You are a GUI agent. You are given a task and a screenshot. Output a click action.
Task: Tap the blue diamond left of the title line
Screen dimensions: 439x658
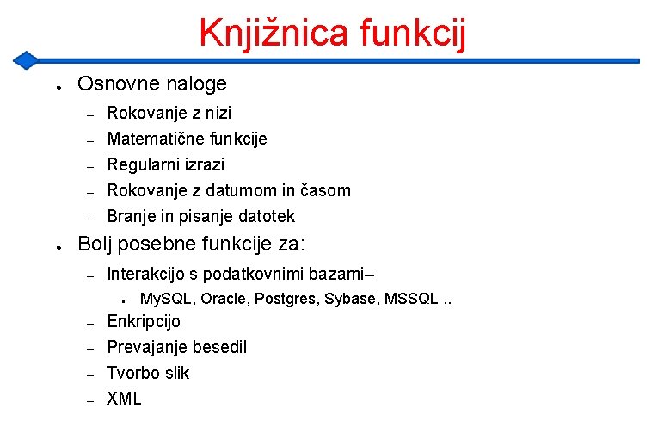point(27,60)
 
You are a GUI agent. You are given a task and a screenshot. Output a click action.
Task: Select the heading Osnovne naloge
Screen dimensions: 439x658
point(152,83)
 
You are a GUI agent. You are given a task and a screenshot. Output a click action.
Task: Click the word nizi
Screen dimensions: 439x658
point(217,113)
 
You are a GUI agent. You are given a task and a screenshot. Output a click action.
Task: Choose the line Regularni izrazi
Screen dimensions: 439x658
point(165,164)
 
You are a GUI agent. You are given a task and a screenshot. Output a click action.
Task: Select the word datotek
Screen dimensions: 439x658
point(266,216)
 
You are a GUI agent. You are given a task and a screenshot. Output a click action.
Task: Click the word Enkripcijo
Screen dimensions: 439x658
point(144,321)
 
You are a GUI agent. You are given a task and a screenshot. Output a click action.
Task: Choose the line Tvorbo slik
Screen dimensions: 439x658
point(148,373)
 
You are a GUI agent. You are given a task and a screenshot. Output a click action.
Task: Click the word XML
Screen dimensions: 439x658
point(124,399)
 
